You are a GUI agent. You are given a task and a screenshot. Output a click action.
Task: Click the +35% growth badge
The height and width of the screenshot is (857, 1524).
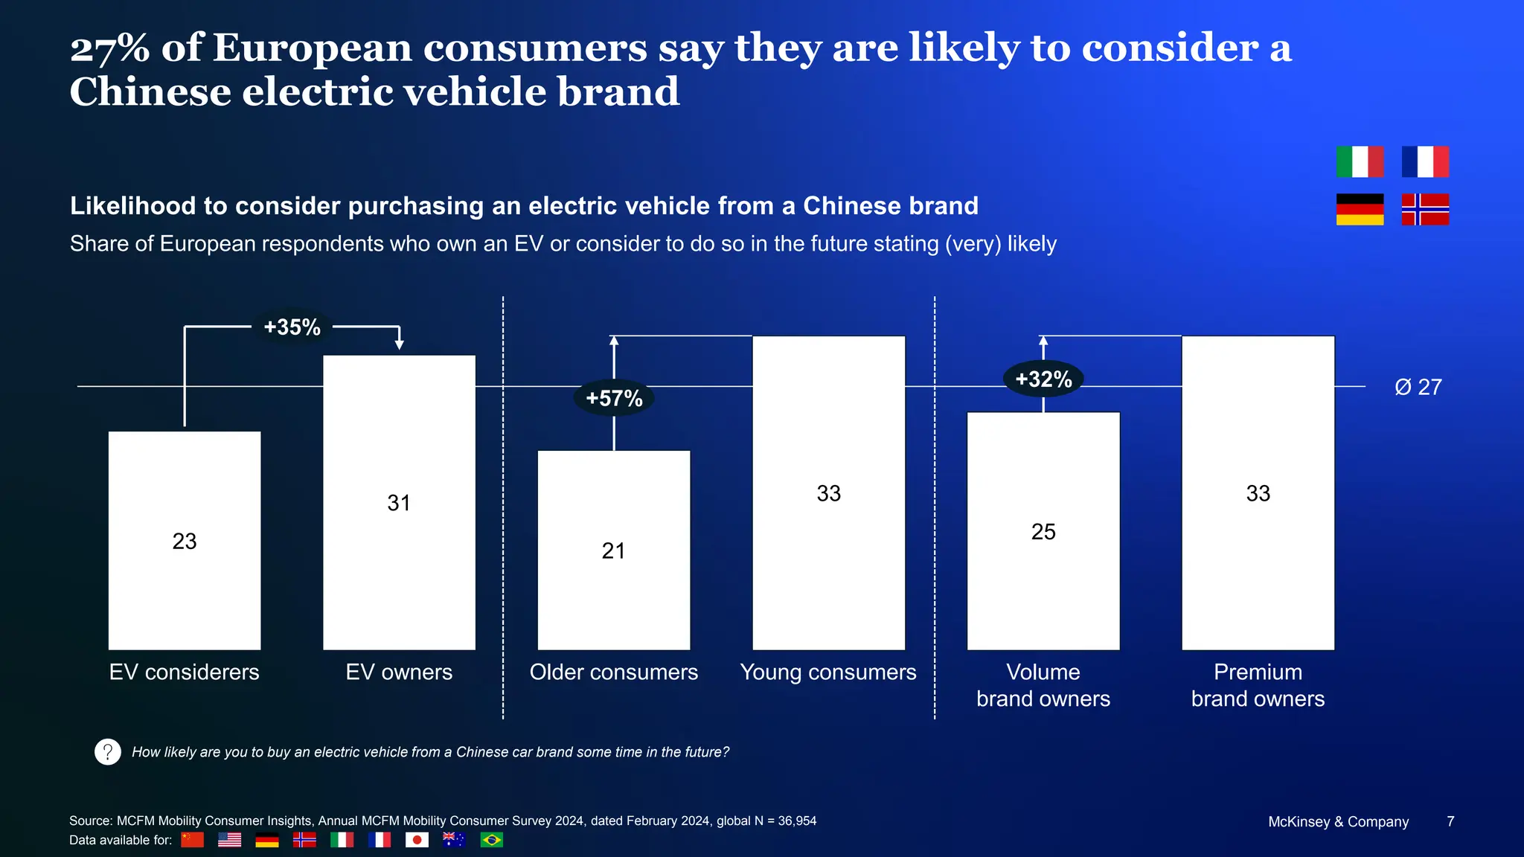292,327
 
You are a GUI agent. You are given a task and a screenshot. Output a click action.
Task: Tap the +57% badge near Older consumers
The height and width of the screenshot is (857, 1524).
614,398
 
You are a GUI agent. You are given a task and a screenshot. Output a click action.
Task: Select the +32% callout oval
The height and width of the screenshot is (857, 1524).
1043,379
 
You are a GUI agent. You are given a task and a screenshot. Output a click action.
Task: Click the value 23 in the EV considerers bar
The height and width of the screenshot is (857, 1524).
185,541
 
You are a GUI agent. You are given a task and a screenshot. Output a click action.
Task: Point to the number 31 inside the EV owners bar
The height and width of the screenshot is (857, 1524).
399,503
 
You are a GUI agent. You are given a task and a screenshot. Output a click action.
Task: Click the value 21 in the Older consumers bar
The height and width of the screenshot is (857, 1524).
614,551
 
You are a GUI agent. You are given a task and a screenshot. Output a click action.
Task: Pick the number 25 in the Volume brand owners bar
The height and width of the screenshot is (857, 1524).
1043,531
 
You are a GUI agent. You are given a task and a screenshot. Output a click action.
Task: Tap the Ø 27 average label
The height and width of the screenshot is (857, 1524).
1418,387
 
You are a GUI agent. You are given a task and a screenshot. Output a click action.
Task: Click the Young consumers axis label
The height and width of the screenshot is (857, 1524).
828,672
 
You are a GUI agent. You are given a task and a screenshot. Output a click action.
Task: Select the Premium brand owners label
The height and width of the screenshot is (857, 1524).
1258,685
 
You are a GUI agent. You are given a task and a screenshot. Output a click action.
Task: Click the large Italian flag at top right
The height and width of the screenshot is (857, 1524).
1360,161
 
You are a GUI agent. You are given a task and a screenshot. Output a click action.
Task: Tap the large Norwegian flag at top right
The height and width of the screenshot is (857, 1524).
1425,209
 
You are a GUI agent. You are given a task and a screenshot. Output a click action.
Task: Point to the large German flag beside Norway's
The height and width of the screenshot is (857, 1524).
1360,209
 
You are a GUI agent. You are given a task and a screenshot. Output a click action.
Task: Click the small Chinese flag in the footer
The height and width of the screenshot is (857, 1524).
193,840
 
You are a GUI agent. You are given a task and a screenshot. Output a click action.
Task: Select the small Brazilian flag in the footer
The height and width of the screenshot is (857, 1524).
491,840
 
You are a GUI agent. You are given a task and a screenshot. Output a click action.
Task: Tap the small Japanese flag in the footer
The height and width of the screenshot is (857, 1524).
417,840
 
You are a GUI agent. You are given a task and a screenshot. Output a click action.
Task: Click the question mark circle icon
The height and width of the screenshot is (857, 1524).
108,752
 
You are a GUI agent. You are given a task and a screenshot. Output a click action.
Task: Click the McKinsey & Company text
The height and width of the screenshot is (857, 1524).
1338,822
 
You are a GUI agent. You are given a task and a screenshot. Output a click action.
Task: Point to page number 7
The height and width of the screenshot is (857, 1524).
1450,821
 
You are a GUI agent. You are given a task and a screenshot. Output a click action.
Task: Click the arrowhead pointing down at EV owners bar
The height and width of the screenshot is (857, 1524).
400,344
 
